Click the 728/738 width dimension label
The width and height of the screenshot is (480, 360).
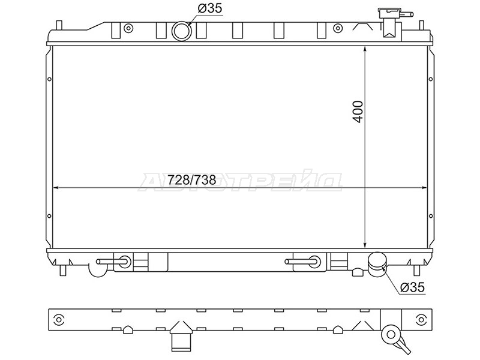192,180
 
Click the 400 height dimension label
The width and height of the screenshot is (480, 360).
358,112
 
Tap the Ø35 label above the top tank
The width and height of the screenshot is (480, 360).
209,8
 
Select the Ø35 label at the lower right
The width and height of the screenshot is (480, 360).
413,287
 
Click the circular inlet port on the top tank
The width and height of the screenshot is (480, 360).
182,31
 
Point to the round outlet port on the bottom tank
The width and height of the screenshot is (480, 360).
377,264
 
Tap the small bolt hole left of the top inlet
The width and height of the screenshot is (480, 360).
128,28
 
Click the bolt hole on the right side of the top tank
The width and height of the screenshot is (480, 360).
337,29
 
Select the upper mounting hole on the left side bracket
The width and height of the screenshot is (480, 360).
49,79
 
